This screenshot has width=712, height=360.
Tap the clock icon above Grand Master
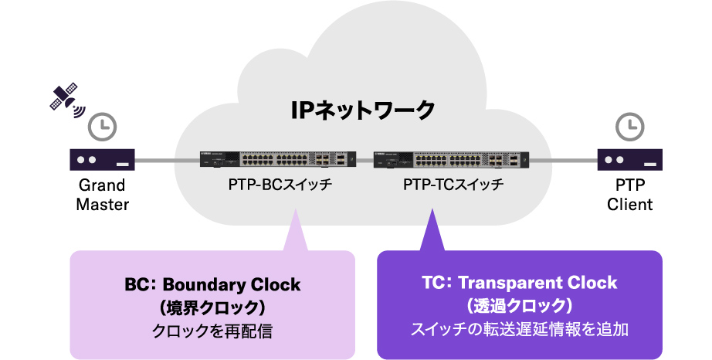coord(102,126)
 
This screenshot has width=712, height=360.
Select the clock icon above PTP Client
coord(630,126)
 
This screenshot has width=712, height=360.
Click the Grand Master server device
coord(102,160)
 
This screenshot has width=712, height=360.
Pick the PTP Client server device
coord(630,160)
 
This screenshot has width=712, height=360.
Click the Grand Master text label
coord(102,195)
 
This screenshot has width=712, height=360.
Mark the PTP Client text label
coord(630,195)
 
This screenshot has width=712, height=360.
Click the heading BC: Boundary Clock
coord(212,284)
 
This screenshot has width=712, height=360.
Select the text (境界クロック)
coord(212,307)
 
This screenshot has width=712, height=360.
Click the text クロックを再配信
coord(212,331)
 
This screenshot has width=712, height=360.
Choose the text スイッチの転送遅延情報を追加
coord(520,329)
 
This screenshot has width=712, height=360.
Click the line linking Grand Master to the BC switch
coord(167,161)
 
